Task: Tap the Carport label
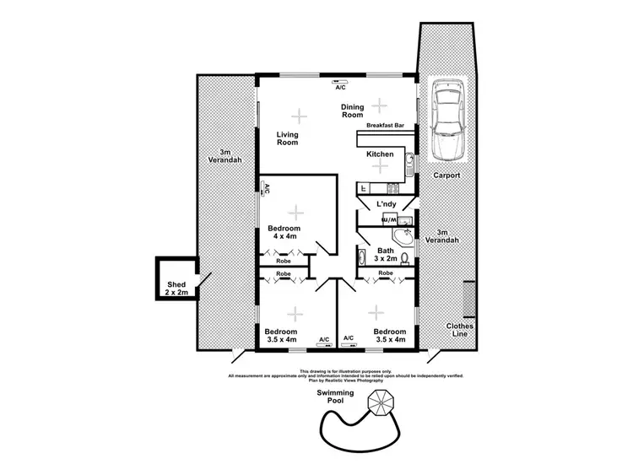[446, 175]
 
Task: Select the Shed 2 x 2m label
[176, 289]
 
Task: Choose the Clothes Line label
[460, 330]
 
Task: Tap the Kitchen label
[380, 155]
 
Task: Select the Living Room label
[289, 138]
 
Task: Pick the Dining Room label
[353, 111]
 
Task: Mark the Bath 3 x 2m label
[387, 255]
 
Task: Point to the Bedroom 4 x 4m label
[284, 233]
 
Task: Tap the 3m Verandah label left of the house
[225, 156]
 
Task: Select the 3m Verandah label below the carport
[446, 236]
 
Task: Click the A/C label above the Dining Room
[340, 87]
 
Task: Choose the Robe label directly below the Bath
[386, 273]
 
